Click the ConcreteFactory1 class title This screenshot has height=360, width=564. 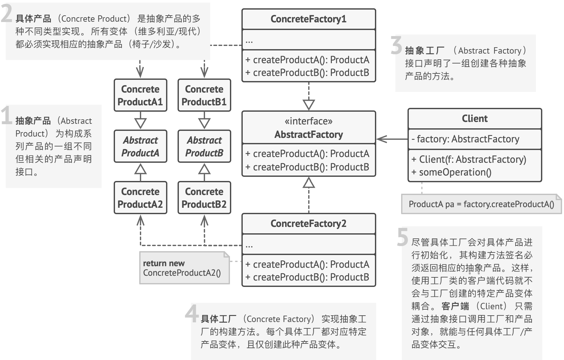[309, 19]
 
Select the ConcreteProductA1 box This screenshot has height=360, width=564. [141, 95]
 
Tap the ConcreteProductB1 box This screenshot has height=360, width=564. [204, 95]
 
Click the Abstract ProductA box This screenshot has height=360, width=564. [141, 146]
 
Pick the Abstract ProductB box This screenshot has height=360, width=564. [204, 146]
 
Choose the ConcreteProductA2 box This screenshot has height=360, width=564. [141, 198]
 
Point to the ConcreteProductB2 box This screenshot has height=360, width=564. [204, 198]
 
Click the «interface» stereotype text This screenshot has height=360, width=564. [309, 121]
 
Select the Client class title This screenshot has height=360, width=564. [475, 119]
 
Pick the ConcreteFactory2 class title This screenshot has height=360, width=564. [309, 223]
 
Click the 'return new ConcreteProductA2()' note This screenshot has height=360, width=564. [184, 268]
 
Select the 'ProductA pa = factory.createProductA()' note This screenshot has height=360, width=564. [481, 204]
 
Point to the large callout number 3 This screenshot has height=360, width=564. [397, 45]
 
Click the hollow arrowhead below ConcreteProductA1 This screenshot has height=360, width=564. [141, 123]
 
